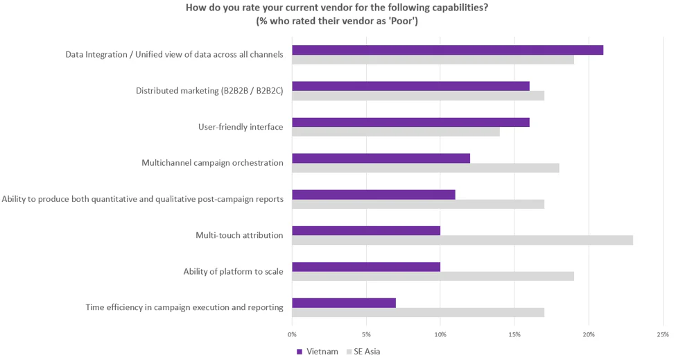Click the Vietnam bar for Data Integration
click(x=447, y=50)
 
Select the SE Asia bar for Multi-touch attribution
click(x=462, y=240)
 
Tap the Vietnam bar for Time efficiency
click(x=344, y=303)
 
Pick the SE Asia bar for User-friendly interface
click(x=395, y=132)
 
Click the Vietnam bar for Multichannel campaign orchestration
click(x=381, y=158)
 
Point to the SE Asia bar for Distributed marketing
click(x=418, y=96)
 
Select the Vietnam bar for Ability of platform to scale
click(x=366, y=267)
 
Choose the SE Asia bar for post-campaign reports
click(x=418, y=204)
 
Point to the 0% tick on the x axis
click(x=292, y=334)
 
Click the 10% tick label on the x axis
click(x=440, y=334)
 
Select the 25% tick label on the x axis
click(x=662, y=334)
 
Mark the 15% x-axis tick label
click(x=514, y=334)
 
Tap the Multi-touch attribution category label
click(x=239, y=235)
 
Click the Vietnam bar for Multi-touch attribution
click(x=366, y=231)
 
